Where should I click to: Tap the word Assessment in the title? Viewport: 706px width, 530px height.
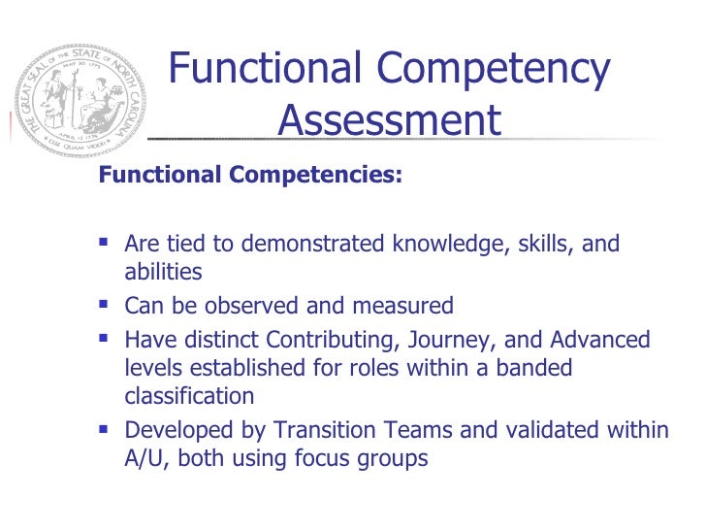(389, 122)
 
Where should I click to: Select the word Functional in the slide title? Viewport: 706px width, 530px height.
(267, 71)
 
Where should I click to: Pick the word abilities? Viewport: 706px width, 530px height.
(163, 273)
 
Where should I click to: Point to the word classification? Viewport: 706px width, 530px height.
(189, 396)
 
